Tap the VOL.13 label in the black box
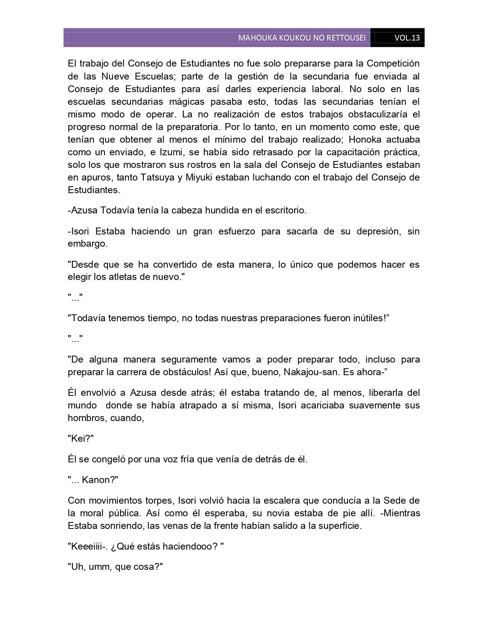coord(407,38)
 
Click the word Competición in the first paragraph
coord(393,63)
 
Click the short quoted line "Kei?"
coord(81,439)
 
